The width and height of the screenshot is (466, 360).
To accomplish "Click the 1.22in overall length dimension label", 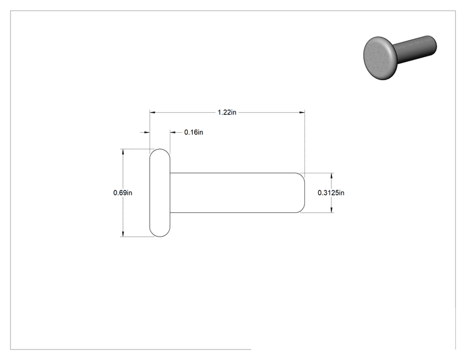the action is coord(227,112).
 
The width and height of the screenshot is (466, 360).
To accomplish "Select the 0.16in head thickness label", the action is coord(194,132).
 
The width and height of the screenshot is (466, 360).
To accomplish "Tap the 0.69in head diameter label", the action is coord(123,193).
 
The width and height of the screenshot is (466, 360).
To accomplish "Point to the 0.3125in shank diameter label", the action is coord(331,193).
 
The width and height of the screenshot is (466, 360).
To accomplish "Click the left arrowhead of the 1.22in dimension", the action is coord(152,112).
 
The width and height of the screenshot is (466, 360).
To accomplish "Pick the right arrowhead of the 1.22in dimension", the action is coord(302,112).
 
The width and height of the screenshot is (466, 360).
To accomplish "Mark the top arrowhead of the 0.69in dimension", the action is coord(123,152).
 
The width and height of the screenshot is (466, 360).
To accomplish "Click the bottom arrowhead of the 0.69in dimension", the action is coord(123,234).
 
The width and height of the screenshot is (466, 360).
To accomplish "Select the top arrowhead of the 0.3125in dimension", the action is coord(332,175).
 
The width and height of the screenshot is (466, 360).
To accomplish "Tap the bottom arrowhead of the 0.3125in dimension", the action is coord(332,210).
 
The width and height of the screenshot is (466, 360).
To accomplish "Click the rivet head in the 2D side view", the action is coord(160,193).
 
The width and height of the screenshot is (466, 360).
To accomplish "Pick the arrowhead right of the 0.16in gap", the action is coord(173,132).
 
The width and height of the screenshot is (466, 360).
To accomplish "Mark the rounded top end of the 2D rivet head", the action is coord(160,149).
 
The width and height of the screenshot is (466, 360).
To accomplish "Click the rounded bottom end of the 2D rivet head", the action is coord(160,237).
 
